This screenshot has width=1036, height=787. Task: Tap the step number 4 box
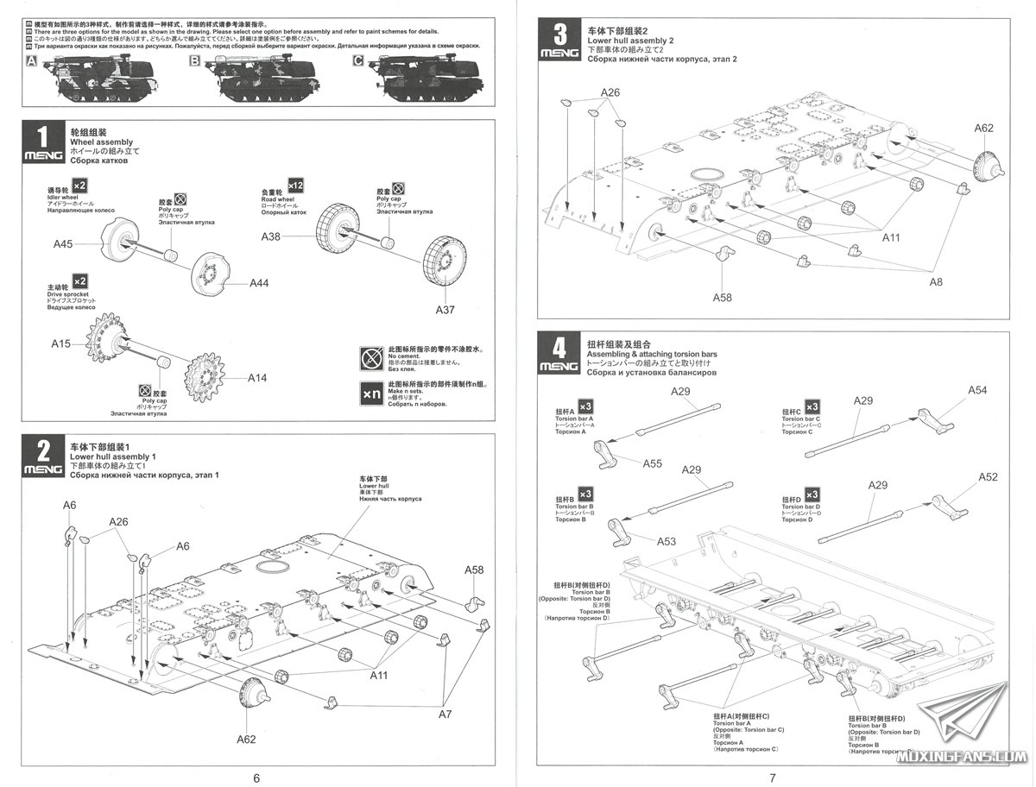click(x=559, y=348)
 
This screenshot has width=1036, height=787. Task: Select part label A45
click(x=63, y=244)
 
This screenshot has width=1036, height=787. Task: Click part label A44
click(x=260, y=283)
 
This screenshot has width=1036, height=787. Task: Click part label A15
click(x=61, y=343)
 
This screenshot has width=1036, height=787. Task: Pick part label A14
click(x=258, y=377)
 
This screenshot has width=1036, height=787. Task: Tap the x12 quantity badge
click(x=295, y=186)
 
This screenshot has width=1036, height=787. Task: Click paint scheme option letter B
click(x=194, y=61)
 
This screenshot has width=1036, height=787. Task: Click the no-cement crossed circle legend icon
click(x=372, y=356)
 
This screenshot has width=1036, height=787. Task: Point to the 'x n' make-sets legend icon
click(x=372, y=393)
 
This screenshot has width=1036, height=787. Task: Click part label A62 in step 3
click(x=983, y=129)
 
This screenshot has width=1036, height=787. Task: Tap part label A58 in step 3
click(x=723, y=297)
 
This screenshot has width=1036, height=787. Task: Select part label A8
click(x=936, y=282)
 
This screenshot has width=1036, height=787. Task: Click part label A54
click(x=976, y=390)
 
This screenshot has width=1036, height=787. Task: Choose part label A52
click(x=988, y=477)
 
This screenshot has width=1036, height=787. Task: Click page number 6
click(x=256, y=778)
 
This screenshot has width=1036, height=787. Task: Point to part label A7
click(x=445, y=715)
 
